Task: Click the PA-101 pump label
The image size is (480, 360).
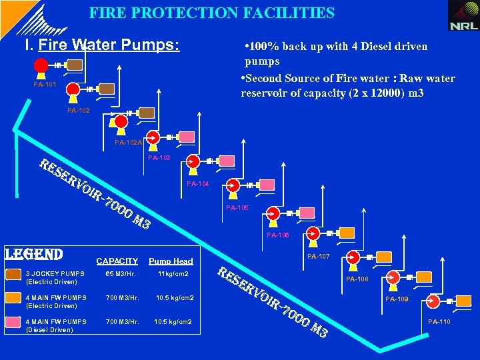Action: (45, 85)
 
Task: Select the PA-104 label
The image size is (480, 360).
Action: (199, 183)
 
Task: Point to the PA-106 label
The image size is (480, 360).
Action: (278, 235)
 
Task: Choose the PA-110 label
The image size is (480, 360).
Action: (439, 322)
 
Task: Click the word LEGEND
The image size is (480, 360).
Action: (33, 255)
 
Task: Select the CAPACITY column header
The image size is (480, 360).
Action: (117, 261)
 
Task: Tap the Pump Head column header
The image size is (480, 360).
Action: (171, 261)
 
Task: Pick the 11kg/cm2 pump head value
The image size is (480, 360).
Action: (173, 274)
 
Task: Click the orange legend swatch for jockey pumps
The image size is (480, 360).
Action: (13, 274)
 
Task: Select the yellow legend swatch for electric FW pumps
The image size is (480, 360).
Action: (13, 297)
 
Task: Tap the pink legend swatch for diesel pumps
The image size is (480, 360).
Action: (13, 322)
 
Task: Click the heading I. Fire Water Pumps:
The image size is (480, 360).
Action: (101, 46)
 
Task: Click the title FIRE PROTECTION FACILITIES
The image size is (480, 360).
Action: (212, 13)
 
